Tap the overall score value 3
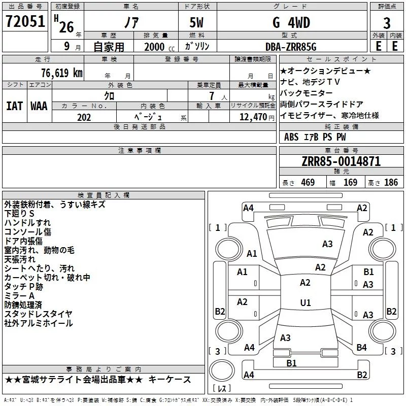(x=387, y=23)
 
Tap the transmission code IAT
(x=14, y=107)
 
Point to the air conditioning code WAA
(x=39, y=107)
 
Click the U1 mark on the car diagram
(x=305, y=303)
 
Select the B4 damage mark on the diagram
(x=361, y=348)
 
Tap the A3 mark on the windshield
(x=327, y=244)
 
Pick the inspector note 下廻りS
(x=19, y=214)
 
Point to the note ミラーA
(x=19, y=296)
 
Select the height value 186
(x=391, y=183)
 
